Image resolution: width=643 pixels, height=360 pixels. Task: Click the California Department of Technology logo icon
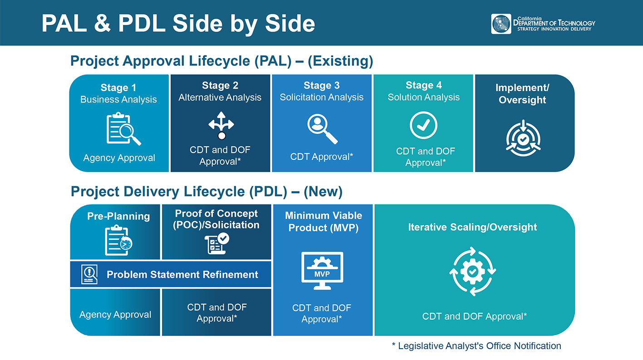(x=501, y=24)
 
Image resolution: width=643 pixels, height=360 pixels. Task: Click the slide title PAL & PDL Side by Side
(x=178, y=24)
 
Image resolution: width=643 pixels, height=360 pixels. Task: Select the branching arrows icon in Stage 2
(x=221, y=126)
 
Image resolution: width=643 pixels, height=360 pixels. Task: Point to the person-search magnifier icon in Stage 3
(x=322, y=128)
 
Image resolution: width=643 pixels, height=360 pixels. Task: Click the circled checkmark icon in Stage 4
(x=423, y=125)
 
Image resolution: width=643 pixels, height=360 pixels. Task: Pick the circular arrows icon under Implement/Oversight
(x=523, y=138)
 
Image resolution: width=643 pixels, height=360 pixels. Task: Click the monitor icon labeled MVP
(x=322, y=271)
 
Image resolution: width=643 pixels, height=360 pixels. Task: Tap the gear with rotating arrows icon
(x=472, y=271)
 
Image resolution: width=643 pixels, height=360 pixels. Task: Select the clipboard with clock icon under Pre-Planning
(x=118, y=240)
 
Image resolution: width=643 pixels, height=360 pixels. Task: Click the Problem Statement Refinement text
(x=182, y=275)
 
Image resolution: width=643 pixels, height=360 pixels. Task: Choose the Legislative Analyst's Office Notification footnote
(x=476, y=346)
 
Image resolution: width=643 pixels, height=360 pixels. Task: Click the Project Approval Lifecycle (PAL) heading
(x=221, y=61)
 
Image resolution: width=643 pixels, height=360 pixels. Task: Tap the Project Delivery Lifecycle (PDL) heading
(x=206, y=192)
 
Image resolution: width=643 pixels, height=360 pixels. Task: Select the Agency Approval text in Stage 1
(x=119, y=158)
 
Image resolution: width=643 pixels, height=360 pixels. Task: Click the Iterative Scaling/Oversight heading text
(x=472, y=227)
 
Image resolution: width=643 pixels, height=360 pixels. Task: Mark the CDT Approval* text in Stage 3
(x=321, y=157)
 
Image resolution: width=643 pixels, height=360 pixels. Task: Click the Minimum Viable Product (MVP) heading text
(x=323, y=222)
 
